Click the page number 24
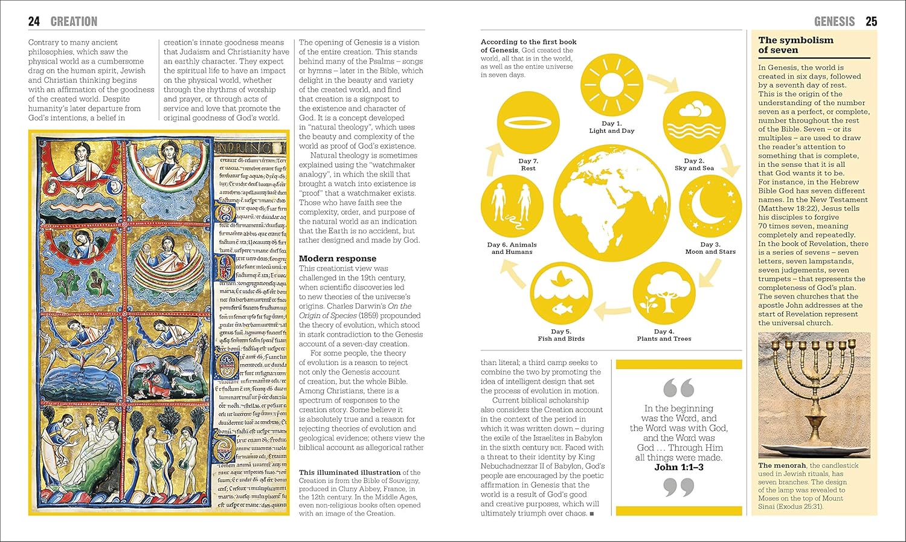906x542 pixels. tap(34, 22)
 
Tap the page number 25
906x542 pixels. tap(871, 22)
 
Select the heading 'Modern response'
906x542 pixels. tap(337, 259)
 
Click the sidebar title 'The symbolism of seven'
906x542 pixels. tap(795, 45)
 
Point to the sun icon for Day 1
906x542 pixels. tap(611, 85)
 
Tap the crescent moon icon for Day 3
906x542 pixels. tap(711, 207)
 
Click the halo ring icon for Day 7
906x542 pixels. tap(527, 122)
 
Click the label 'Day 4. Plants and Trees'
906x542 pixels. tap(664, 335)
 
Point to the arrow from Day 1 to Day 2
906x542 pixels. tap(661, 82)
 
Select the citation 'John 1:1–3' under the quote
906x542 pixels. tap(679, 467)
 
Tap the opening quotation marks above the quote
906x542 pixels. tap(678, 387)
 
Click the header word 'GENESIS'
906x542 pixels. tap(834, 22)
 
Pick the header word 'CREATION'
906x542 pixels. tap(74, 22)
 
